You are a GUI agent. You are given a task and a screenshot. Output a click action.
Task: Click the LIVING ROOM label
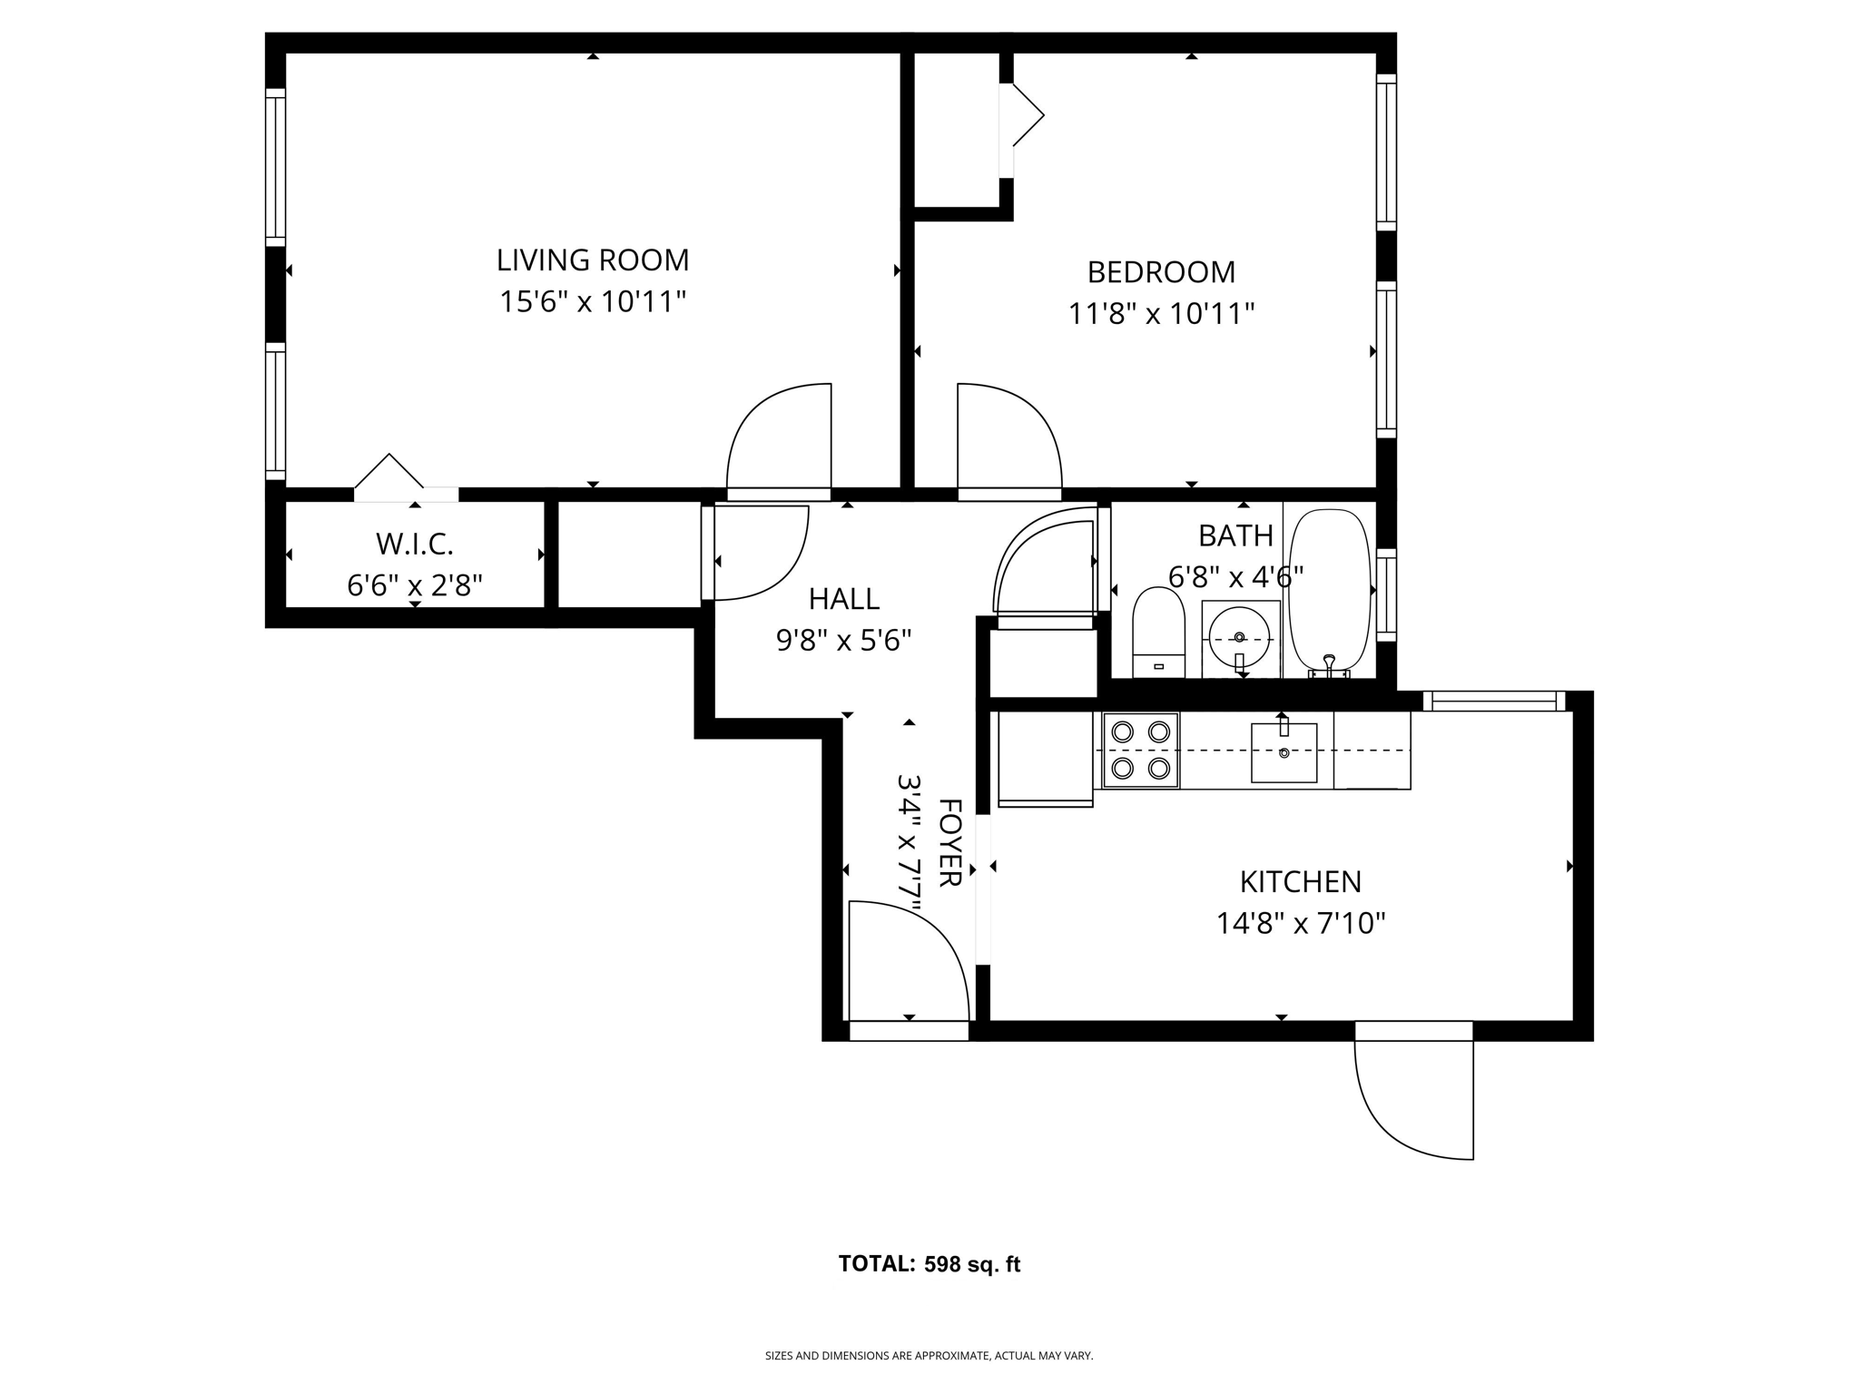point(592,260)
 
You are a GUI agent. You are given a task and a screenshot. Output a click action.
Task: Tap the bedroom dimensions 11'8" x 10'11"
point(1160,314)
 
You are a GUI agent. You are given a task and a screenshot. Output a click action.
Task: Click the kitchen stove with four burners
point(1140,750)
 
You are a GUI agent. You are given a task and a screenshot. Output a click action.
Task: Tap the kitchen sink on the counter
point(1284,751)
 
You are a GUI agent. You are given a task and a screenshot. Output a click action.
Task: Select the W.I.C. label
point(414,545)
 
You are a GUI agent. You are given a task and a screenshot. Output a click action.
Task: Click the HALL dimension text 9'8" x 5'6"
point(842,641)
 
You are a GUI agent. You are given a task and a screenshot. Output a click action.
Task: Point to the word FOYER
point(949,842)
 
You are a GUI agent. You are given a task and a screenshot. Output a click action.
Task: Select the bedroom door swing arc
point(1009,436)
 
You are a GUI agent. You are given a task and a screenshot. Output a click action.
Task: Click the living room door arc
point(779,436)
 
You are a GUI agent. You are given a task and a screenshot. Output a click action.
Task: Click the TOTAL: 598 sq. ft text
point(929,1264)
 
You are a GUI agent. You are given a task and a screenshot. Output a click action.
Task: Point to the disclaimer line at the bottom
point(929,1356)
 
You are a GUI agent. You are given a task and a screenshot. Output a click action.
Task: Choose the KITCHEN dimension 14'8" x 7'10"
point(1300,924)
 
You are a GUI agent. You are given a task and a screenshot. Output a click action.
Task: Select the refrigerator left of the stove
point(1045,759)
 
